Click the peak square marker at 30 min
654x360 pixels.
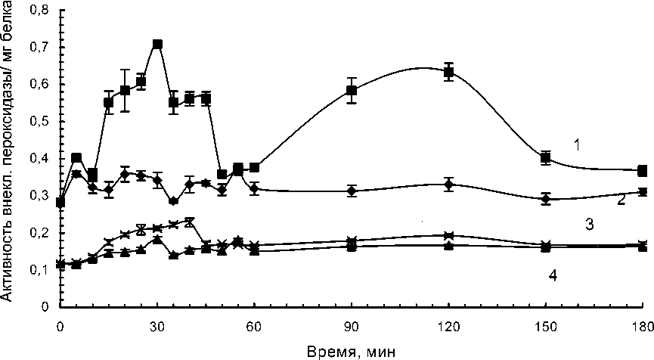click(x=157, y=45)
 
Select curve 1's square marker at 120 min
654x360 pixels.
click(x=448, y=73)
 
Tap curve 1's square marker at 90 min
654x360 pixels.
click(x=352, y=91)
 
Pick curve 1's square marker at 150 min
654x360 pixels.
click(x=546, y=158)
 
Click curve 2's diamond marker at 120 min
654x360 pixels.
click(x=448, y=185)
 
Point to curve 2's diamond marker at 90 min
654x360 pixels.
click(x=352, y=191)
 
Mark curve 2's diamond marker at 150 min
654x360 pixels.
click(x=546, y=199)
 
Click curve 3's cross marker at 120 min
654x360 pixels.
click(x=448, y=236)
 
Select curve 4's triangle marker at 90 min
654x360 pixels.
click(x=352, y=247)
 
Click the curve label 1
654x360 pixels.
click(x=576, y=144)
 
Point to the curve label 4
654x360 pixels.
click(x=553, y=275)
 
